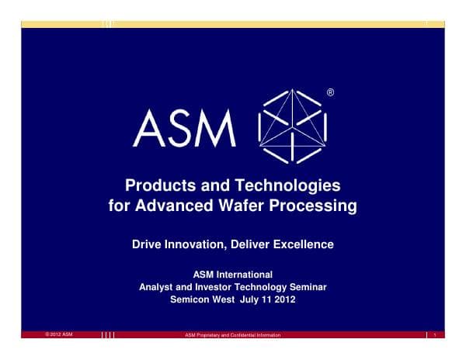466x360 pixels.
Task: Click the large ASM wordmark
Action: coord(184,128)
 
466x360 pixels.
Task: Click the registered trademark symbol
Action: coord(332,93)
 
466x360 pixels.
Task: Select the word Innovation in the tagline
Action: coord(201,244)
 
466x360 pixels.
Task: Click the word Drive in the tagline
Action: coord(148,244)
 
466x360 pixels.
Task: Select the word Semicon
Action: coord(191,299)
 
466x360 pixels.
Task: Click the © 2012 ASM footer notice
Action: coord(59,334)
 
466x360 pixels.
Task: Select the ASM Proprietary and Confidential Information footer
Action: coord(233,334)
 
